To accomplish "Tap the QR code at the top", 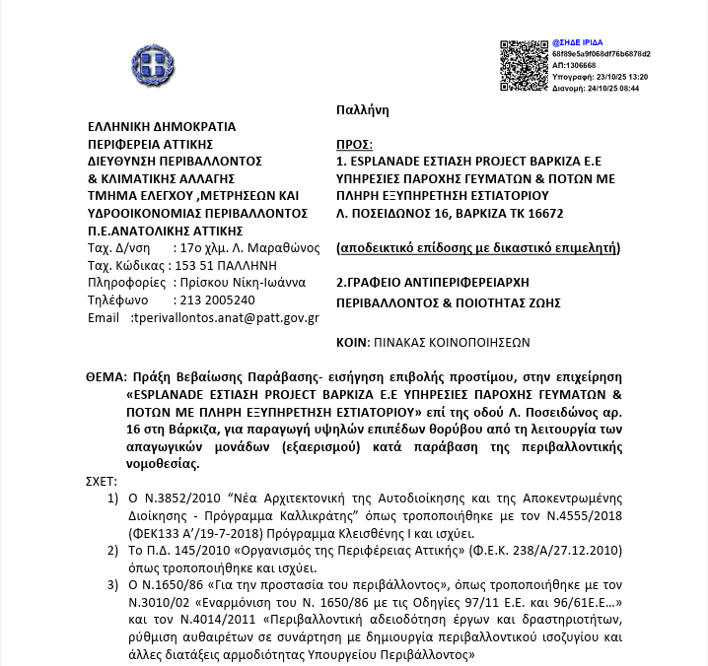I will pyautogui.click(x=523, y=65).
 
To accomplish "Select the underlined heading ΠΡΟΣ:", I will pyautogui.click(x=353, y=142).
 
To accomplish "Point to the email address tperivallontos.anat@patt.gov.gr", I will pyautogui.click(x=225, y=318).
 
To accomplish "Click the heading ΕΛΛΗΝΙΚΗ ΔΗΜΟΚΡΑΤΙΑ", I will pyautogui.click(x=162, y=127).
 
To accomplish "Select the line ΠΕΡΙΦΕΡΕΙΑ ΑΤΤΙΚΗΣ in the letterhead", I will pyautogui.click(x=151, y=144).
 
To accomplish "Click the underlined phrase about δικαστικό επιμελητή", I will pyautogui.click(x=478, y=247).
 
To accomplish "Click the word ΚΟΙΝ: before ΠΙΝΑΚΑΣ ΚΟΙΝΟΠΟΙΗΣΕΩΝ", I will pyautogui.click(x=352, y=343).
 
